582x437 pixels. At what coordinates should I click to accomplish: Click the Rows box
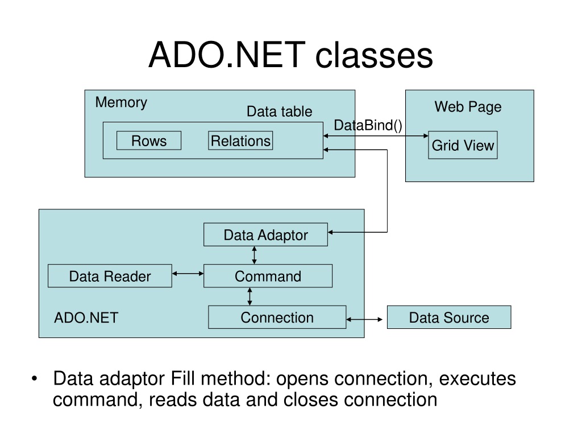[x=149, y=141]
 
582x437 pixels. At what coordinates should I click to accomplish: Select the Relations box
[x=240, y=141]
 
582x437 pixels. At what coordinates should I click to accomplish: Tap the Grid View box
[x=463, y=145]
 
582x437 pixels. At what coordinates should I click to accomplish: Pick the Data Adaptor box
[x=266, y=234]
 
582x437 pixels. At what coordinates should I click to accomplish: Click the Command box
[x=268, y=276]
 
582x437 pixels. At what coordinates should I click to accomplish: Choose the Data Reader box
[x=110, y=276]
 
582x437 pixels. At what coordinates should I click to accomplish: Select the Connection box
[x=277, y=317]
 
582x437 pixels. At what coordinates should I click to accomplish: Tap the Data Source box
[x=449, y=317]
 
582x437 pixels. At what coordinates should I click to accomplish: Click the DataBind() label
[x=368, y=125]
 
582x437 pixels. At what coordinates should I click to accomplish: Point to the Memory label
[x=121, y=102]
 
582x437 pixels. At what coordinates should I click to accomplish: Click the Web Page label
[x=468, y=107]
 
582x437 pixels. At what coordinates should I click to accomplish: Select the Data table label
[x=280, y=112]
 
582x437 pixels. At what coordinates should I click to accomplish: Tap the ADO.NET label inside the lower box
[x=86, y=318]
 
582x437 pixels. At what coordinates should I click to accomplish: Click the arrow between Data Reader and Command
[x=188, y=274]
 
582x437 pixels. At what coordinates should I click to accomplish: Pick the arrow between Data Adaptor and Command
[x=254, y=255]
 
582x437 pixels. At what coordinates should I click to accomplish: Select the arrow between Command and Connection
[x=250, y=296]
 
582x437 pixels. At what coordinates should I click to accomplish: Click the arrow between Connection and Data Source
[x=364, y=319]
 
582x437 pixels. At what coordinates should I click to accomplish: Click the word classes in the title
[x=374, y=55]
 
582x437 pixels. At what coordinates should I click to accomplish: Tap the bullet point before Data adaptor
[x=35, y=378]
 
